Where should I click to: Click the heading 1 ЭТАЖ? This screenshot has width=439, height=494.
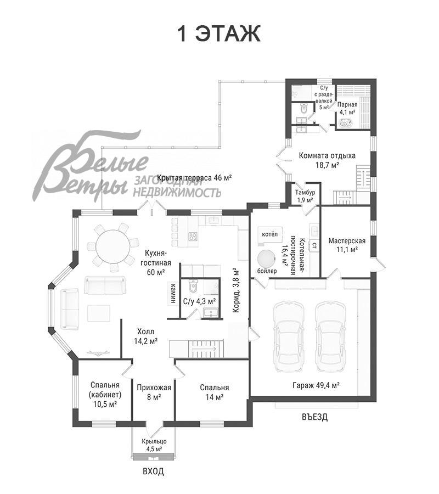click(219, 33)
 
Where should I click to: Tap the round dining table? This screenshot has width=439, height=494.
click(112, 246)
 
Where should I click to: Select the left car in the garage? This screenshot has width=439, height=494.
click(289, 337)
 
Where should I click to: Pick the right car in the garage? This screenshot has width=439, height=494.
click(330, 337)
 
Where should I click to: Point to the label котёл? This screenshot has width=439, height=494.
click(270, 234)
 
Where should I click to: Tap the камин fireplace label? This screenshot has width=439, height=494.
click(173, 293)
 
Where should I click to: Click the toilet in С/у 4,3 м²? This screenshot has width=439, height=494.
click(193, 285)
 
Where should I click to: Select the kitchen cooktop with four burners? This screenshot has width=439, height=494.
click(193, 236)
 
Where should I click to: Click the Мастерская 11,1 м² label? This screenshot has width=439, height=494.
click(347, 245)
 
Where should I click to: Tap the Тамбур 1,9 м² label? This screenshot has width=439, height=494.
click(305, 196)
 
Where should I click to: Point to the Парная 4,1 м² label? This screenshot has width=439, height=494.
click(347, 108)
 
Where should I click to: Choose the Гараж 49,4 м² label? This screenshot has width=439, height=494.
click(316, 385)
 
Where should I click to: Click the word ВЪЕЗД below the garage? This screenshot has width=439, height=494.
click(314, 417)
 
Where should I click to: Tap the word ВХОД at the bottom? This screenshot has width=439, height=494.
click(153, 471)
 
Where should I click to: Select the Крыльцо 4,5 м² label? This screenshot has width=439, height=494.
click(154, 445)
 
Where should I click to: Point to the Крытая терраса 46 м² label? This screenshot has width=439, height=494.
click(195, 177)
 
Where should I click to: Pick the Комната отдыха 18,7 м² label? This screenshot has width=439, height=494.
click(327, 160)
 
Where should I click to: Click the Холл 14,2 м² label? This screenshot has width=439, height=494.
click(146, 336)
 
